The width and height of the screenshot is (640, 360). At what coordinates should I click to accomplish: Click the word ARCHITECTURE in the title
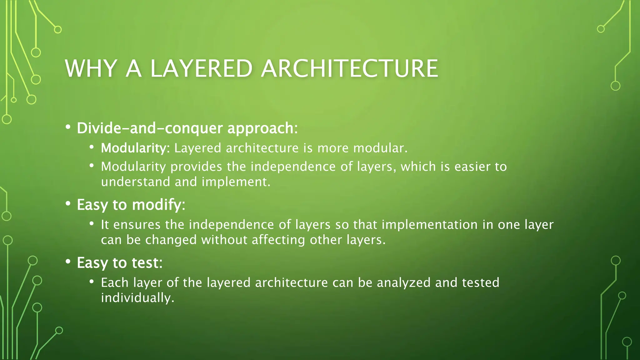(x=349, y=68)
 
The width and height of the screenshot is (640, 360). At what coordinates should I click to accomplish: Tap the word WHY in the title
(x=91, y=68)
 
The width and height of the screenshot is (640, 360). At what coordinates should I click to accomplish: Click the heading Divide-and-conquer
(x=150, y=128)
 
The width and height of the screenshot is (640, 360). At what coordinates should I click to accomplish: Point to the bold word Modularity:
(x=135, y=148)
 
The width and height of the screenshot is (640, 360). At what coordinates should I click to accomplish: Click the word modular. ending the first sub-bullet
(x=380, y=148)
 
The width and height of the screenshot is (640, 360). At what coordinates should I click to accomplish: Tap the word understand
(x=135, y=182)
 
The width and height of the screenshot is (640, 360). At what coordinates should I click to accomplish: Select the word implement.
(x=236, y=182)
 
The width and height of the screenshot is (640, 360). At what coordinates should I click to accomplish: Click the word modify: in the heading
(x=159, y=205)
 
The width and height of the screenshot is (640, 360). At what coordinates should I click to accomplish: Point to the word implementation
(x=429, y=225)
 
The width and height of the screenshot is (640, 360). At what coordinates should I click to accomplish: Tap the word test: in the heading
(x=147, y=263)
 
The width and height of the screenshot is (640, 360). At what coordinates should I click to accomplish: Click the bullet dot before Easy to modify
(x=68, y=204)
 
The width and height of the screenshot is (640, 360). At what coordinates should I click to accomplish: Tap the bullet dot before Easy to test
(x=68, y=262)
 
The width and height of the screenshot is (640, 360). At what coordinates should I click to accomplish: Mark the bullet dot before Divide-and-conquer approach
(x=68, y=127)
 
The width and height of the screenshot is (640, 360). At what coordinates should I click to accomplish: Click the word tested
(x=481, y=283)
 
